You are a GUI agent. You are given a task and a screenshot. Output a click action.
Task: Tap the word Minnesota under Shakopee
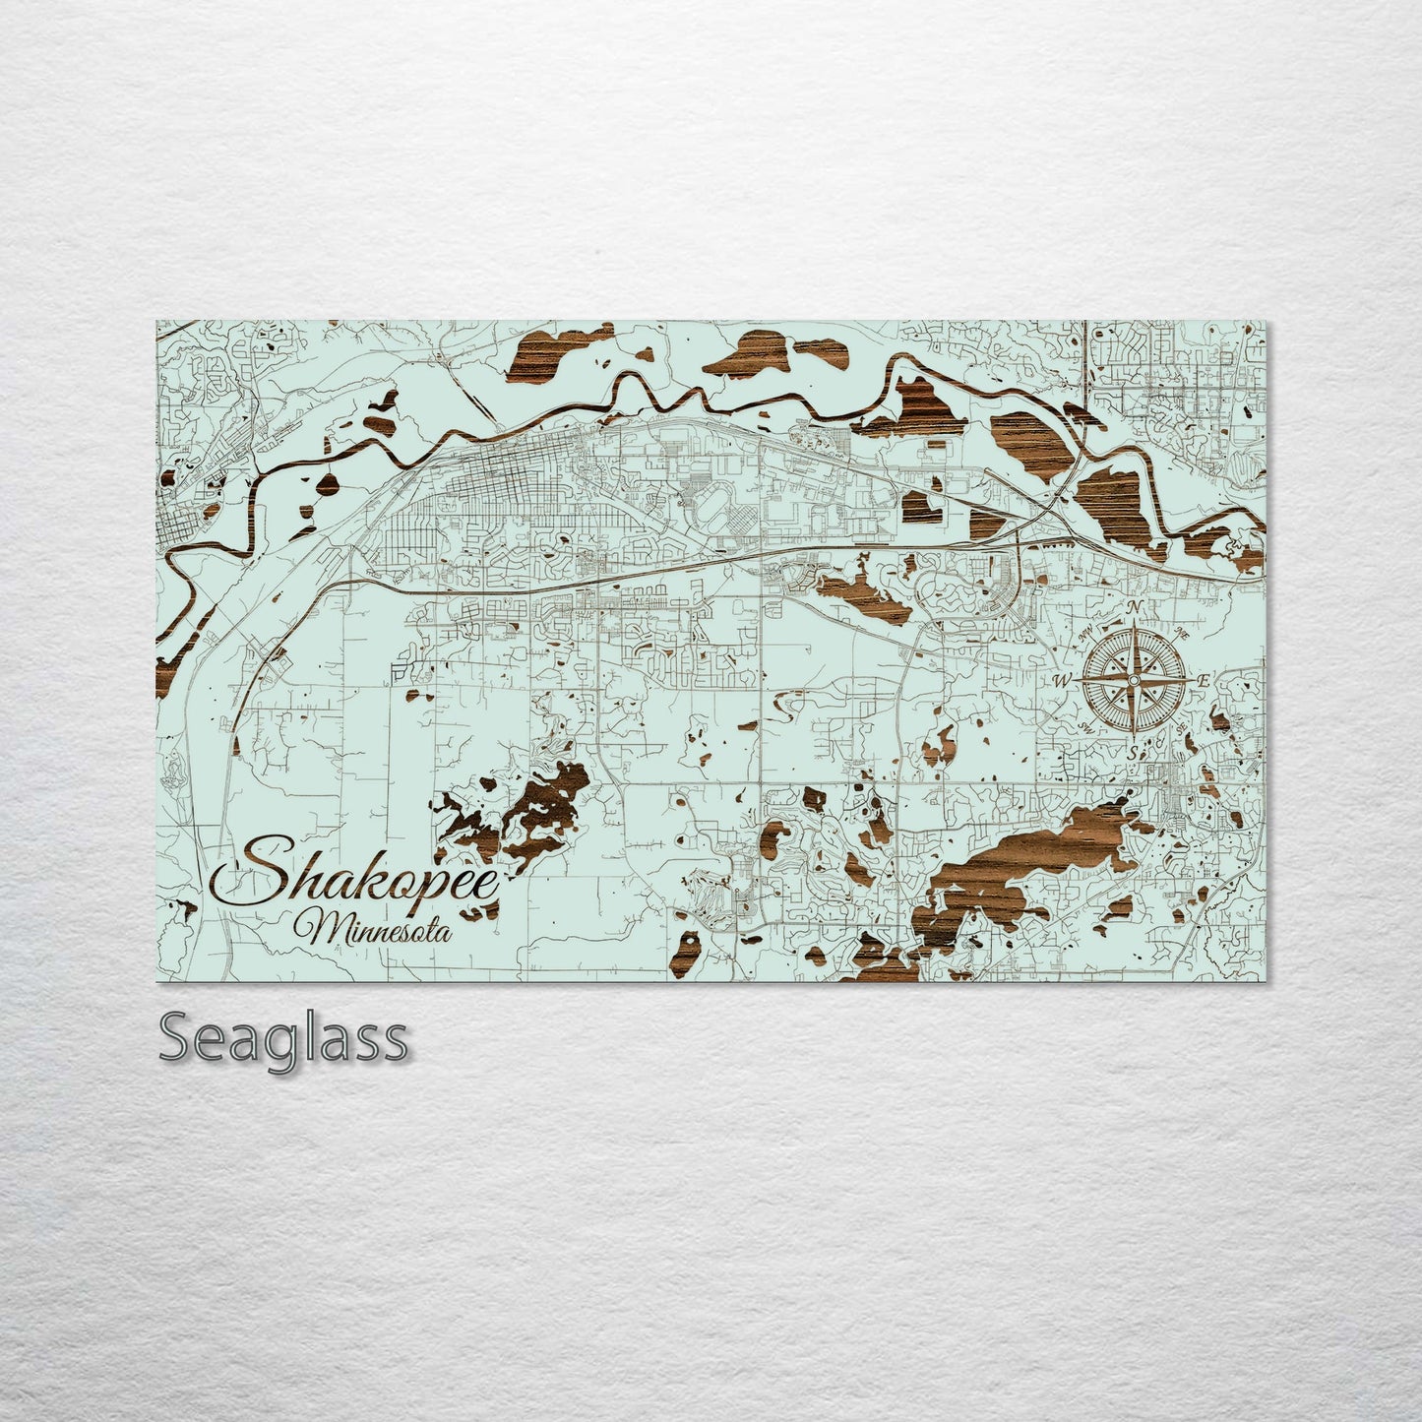(379, 927)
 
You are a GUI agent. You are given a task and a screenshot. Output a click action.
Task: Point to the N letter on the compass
(1135, 606)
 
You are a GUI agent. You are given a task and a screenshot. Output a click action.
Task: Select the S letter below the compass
(1133, 753)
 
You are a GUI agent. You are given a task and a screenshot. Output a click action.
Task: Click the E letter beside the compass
(1206, 680)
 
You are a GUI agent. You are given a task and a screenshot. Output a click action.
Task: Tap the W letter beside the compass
(1062, 680)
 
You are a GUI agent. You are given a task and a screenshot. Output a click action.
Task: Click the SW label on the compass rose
(1086, 726)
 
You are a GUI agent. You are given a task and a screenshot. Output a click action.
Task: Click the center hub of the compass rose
(1134, 680)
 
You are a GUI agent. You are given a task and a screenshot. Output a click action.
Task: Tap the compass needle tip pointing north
(1134, 626)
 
